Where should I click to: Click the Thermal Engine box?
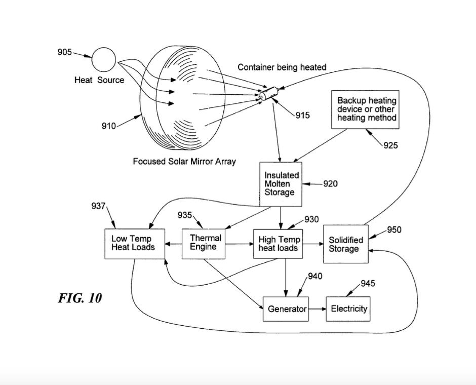tap(204, 243)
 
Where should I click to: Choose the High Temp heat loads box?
tap(279, 244)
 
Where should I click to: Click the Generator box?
tap(286, 309)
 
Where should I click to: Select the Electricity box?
tap(349, 309)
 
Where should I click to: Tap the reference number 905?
tap(64, 52)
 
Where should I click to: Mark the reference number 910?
tap(108, 126)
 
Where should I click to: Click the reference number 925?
tap(390, 146)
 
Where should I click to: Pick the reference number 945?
tap(368, 283)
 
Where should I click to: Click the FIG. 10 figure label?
tap(80, 298)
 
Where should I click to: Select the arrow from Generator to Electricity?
tap(317, 309)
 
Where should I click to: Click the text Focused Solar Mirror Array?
tap(184, 162)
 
